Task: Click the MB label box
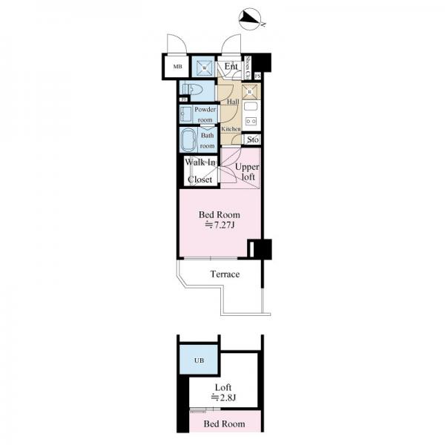pyautogui.click(x=177, y=67)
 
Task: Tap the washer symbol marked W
pyautogui.click(x=204, y=67)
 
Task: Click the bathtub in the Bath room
pyautogui.click(x=188, y=139)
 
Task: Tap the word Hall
pyautogui.click(x=232, y=101)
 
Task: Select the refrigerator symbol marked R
pyautogui.click(x=250, y=92)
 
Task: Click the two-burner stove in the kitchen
pyautogui.click(x=251, y=118)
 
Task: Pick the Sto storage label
pyautogui.click(x=253, y=139)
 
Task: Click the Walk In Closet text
pyautogui.click(x=200, y=171)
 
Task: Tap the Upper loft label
pyautogui.click(x=246, y=172)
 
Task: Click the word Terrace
pyautogui.click(x=224, y=274)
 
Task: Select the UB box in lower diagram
pyautogui.click(x=198, y=360)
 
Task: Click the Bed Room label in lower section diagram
pyautogui.click(x=223, y=424)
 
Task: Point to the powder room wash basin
pyautogui.click(x=185, y=114)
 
